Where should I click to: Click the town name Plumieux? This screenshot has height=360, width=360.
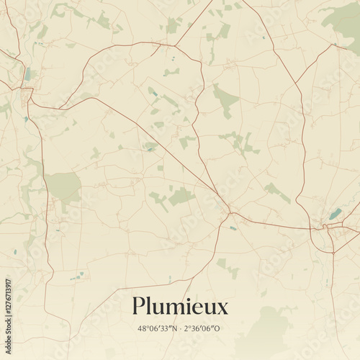[179, 307]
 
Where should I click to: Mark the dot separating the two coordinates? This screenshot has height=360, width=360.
[180, 328]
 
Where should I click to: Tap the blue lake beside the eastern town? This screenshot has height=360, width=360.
[335, 214]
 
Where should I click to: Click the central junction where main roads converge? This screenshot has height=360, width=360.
[230, 212]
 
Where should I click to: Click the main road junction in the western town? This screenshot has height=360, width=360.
[28, 91]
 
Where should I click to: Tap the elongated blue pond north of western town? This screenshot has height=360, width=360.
[27, 73]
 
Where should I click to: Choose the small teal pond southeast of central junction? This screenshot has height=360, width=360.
[233, 228]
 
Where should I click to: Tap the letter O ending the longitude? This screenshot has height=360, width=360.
[219, 328]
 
